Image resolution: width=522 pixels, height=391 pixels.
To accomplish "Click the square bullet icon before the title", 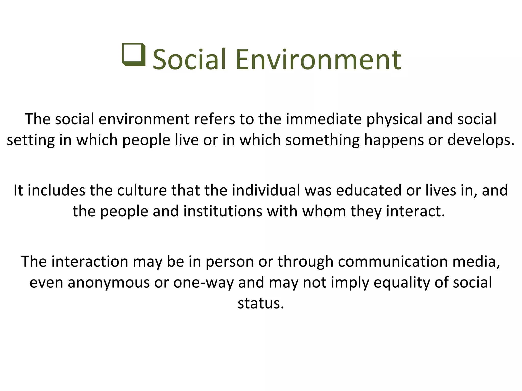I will [x=134, y=54].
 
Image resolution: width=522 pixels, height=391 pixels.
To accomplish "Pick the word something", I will [x=322, y=140].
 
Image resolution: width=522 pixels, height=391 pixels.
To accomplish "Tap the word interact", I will [x=415, y=211].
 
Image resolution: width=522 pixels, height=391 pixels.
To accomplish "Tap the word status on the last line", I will [x=260, y=303].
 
